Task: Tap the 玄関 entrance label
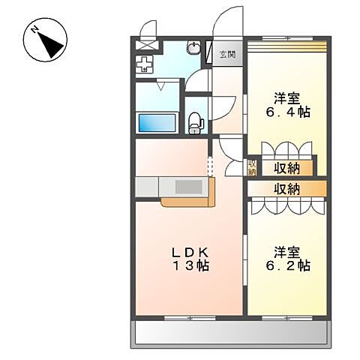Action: (x=228, y=54)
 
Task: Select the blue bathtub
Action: (x=156, y=123)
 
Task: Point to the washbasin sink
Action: (x=193, y=49)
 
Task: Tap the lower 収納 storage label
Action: (x=286, y=189)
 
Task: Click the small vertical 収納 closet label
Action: (x=253, y=167)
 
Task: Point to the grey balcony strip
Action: (x=232, y=333)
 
